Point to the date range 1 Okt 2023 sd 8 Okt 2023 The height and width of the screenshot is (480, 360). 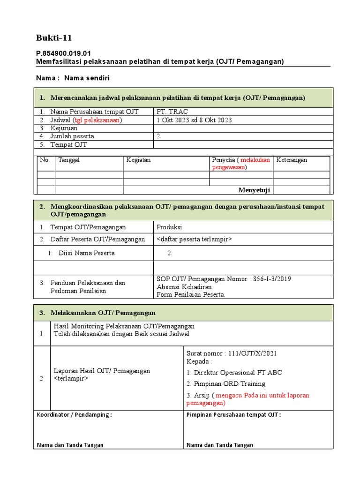pyautogui.click(x=194, y=120)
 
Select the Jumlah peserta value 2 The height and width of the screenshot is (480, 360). pyautogui.click(x=158, y=136)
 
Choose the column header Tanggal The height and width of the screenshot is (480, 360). pyautogui.click(x=69, y=160)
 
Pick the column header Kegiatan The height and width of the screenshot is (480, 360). pyautogui.click(x=138, y=160)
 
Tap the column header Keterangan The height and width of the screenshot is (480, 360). pyautogui.click(x=292, y=160)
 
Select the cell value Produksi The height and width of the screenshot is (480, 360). pyautogui.click(x=169, y=227)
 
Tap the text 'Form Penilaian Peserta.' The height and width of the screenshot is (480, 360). pyautogui.click(x=191, y=295)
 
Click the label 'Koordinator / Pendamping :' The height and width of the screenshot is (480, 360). pyautogui.click(x=74, y=415)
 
